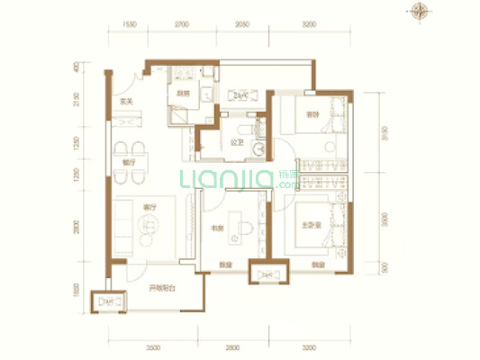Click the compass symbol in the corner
[419, 12]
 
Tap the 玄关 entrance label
[125, 102]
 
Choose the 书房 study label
[216, 229]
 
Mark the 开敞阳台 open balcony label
[161, 287]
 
